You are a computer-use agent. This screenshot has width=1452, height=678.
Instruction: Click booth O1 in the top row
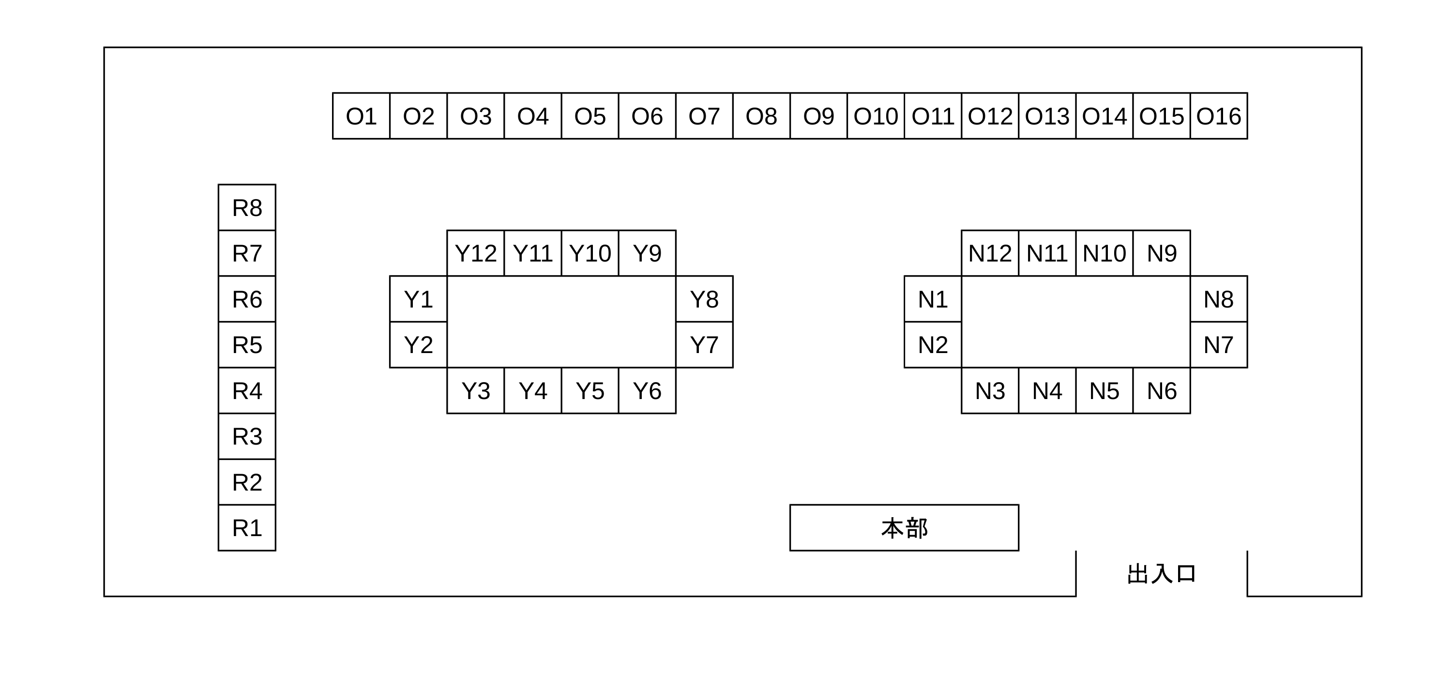(x=362, y=116)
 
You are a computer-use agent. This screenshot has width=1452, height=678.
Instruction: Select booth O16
(x=1219, y=116)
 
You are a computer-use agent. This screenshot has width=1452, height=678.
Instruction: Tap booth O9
(x=818, y=116)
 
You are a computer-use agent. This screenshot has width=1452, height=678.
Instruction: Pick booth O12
(x=990, y=116)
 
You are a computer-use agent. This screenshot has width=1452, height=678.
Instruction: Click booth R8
(x=247, y=207)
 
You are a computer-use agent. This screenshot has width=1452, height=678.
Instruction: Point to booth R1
(x=247, y=527)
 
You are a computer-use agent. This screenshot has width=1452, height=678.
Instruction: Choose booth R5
(x=247, y=345)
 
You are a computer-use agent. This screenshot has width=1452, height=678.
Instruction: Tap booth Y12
(x=476, y=253)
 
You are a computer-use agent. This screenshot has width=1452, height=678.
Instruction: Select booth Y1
(x=418, y=299)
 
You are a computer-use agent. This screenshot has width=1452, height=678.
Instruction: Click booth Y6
(x=647, y=390)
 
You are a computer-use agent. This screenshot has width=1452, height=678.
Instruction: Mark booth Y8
(x=705, y=299)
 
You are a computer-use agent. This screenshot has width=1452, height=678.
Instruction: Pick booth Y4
(x=533, y=390)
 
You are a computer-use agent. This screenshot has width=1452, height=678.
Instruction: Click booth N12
(x=990, y=253)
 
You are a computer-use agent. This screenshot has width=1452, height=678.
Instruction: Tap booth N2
(x=933, y=345)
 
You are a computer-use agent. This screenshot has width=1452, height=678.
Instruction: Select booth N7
(x=1219, y=345)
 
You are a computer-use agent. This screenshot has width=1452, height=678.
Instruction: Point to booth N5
(x=1104, y=390)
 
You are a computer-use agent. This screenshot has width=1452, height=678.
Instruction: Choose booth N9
(x=1162, y=253)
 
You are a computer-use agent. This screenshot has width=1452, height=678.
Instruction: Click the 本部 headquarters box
(x=904, y=527)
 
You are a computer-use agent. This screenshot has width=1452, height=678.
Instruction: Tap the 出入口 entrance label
(x=1162, y=574)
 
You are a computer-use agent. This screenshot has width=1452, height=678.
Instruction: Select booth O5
(x=590, y=116)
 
